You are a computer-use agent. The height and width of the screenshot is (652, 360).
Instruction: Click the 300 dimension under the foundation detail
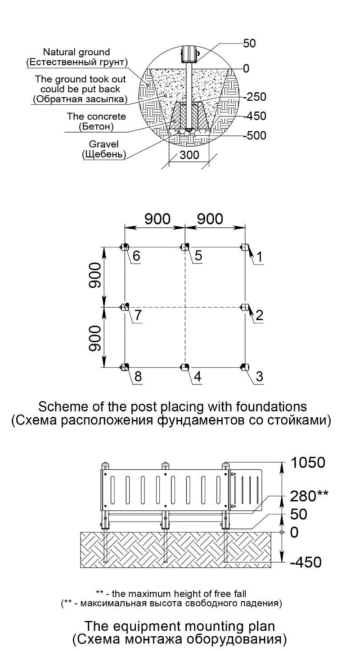pos(189,156)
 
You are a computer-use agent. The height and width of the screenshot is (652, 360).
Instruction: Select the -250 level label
pos(255,97)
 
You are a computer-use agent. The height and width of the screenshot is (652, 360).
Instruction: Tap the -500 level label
pos(255,136)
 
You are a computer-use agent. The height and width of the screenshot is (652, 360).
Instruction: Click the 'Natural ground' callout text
pos(76,53)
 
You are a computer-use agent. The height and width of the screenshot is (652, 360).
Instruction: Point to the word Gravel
pos(103,144)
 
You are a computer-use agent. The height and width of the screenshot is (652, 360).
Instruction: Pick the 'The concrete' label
pos(96,116)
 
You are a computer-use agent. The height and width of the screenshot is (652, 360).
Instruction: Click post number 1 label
pos(259,257)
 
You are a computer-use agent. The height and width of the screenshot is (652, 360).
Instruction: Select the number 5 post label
pos(198,256)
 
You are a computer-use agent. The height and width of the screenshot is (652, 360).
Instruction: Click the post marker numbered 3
pos(244,367)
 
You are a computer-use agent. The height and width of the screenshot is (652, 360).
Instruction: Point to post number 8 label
pos(138,376)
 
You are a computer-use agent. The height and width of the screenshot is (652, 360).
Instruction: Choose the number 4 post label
pos(198,376)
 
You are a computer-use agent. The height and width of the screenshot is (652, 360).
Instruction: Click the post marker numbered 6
pos(124,247)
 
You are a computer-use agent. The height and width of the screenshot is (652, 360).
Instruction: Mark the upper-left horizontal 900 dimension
pos(157,219)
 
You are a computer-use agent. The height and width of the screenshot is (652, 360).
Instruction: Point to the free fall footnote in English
pos(171,593)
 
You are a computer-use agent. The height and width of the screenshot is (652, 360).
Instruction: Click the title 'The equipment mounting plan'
pos(180,626)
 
